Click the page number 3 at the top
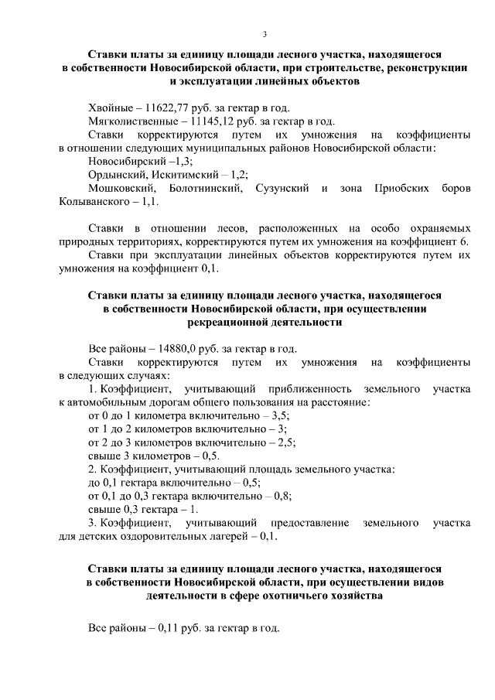265,34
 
